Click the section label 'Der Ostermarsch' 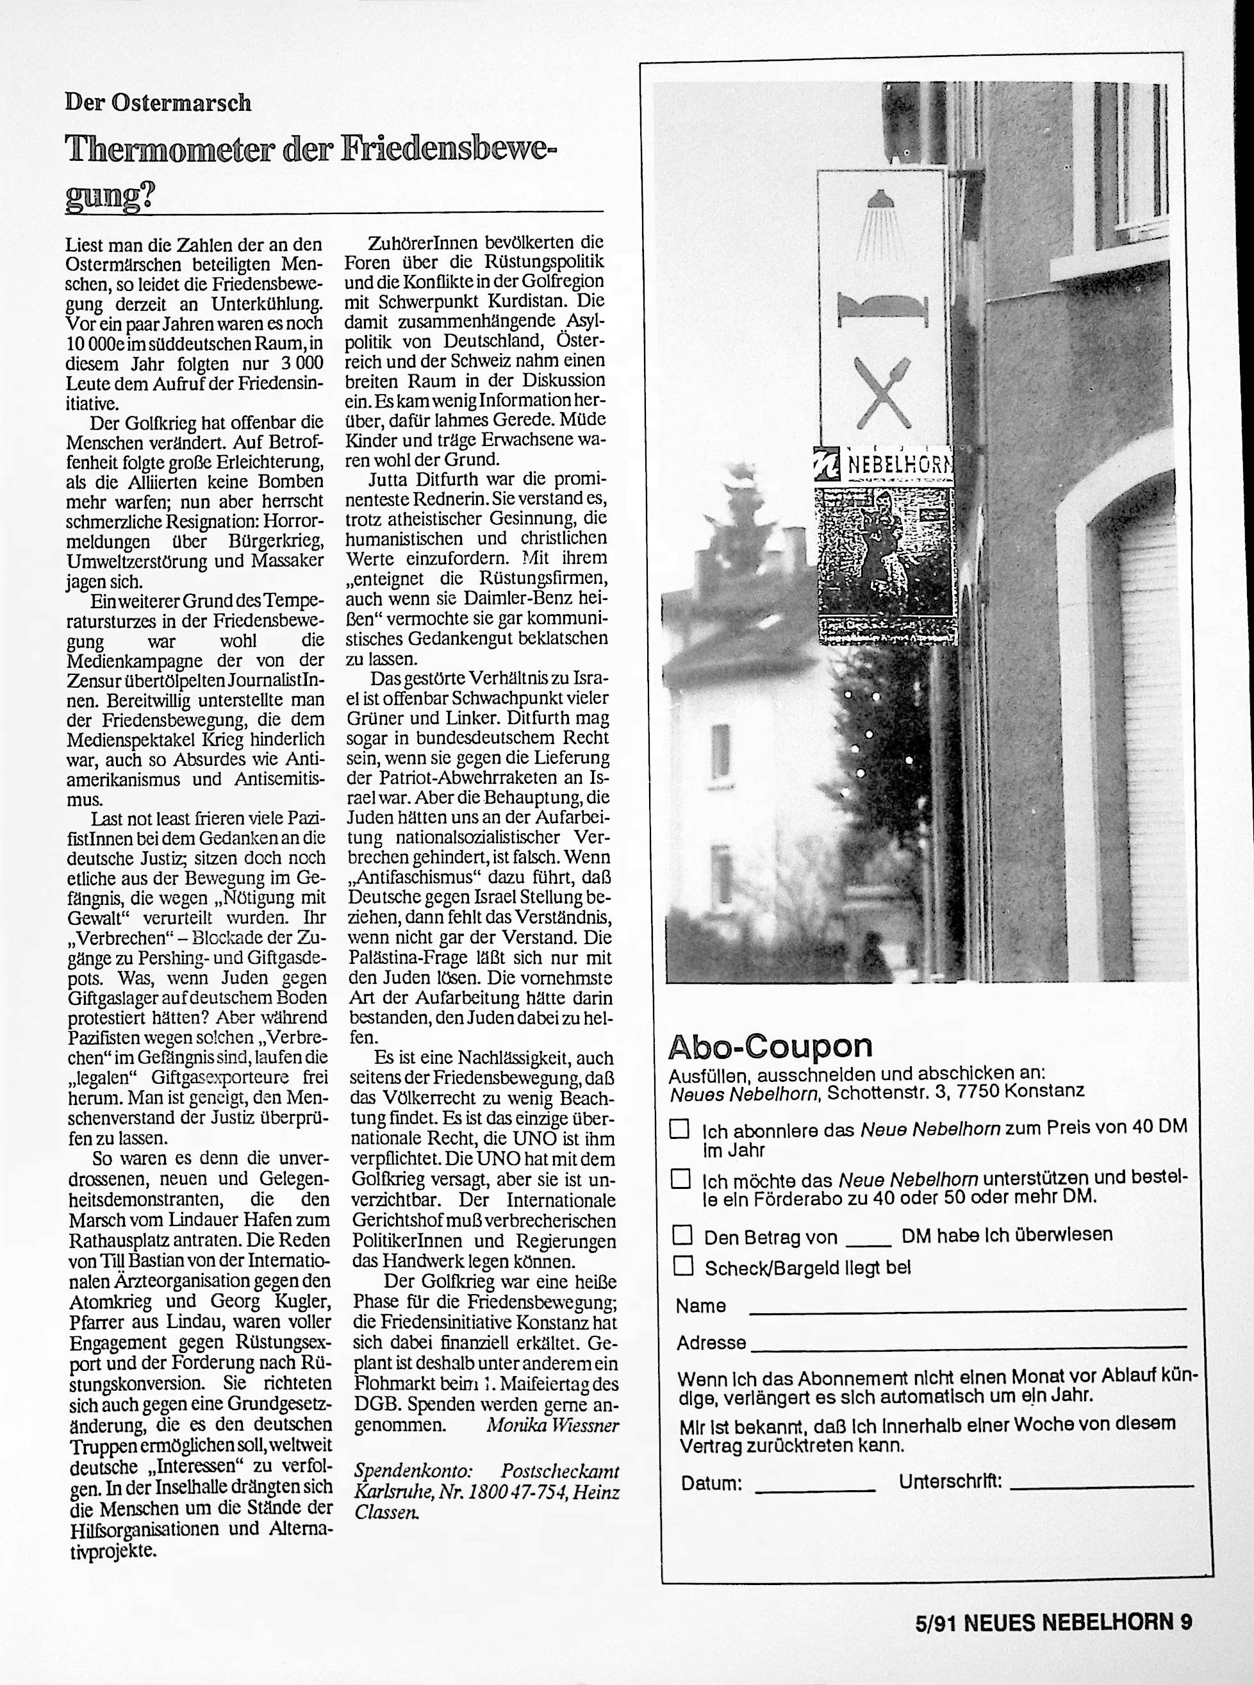(x=158, y=103)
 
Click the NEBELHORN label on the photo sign (x=899, y=464)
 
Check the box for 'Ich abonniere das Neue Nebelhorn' (x=679, y=1129)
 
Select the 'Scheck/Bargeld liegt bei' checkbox (x=683, y=1266)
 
